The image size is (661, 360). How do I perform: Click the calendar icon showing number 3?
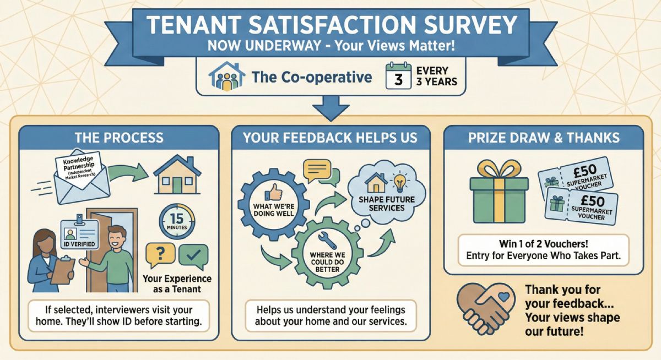coord(398,76)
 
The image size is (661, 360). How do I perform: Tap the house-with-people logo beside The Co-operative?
coord(226,76)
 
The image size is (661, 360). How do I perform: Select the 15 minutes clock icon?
coord(177,221)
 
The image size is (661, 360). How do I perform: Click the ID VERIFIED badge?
coord(79,234)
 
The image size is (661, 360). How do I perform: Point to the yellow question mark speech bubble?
coord(160,254)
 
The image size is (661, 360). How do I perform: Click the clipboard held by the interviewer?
coord(63,270)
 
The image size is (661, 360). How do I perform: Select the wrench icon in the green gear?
coord(327,240)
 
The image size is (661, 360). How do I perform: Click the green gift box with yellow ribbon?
coord(499,192)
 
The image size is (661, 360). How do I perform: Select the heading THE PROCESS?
coord(119,138)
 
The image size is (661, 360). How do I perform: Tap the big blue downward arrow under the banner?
coord(331,108)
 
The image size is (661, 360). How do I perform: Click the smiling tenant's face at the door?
coord(117,238)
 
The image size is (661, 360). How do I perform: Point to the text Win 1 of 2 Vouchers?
coord(544,244)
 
